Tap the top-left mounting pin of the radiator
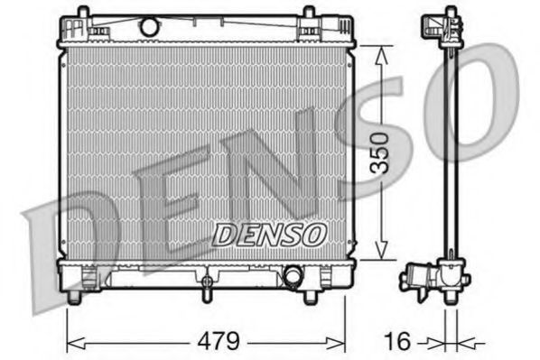pyautogui.click(x=84, y=13)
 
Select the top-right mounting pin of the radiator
pyautogui.click(x=308, y=13)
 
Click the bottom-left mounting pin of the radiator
pyautogui.click(x=84, y=297)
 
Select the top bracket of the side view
pyautogui.click(x=449, y=23)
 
